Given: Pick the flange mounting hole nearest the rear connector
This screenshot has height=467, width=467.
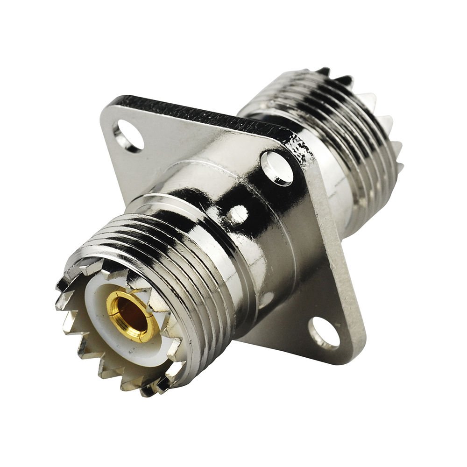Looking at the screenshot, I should (277, 167).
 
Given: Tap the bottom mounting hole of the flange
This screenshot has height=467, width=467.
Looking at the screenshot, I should (324, 333).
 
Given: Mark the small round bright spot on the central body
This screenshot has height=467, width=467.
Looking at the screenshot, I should (238, 214).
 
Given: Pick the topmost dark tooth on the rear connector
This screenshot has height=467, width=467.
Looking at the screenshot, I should (322, 71).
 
